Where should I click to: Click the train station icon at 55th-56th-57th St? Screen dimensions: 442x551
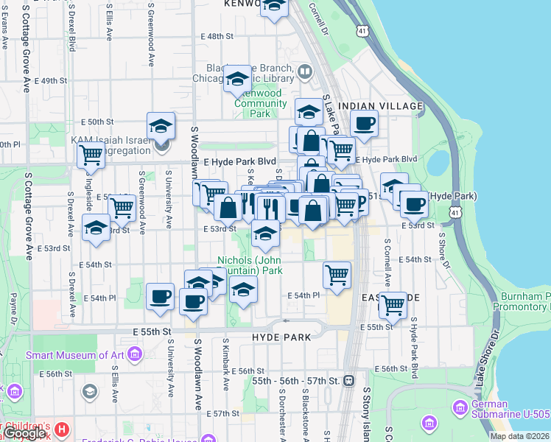[x=349, y=381]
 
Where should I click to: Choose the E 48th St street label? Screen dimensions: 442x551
[x=217, y=36]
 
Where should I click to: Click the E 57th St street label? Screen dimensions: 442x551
[x=223, y=413]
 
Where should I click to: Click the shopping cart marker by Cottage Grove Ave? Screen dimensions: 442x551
[x=90, y=155]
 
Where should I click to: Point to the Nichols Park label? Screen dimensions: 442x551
[x=250, y=265]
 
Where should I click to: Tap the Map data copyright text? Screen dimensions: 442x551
[x=518, y=436]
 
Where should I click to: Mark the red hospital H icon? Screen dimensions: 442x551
[x=62, y=429]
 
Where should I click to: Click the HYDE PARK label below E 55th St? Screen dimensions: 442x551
[x=281, y=336]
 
